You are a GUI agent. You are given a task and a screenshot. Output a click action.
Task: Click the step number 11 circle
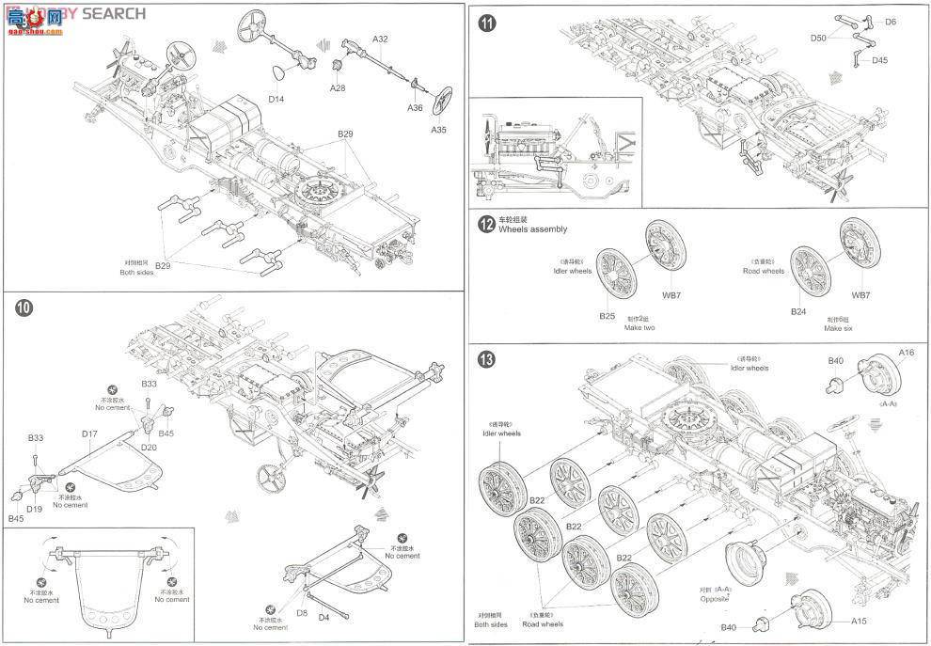[486, 24]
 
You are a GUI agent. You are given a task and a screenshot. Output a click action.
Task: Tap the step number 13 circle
[486, 358]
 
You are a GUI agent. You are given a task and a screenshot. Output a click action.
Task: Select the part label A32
[380, 39]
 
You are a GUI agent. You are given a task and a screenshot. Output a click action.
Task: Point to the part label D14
[276, 98]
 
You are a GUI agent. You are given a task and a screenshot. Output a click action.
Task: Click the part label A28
[338, 87]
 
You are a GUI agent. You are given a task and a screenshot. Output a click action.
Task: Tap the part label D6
[890, 21]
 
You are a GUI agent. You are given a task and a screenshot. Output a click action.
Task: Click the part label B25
[607, 316]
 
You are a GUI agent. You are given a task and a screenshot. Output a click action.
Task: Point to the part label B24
[798, 310]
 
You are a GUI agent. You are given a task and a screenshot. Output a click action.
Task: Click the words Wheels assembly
[532, 229]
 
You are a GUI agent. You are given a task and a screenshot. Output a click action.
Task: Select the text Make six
[839, 328]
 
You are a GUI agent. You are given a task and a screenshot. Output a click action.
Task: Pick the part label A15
[860, 621]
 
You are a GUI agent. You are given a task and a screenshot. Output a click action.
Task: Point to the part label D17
[90, 433]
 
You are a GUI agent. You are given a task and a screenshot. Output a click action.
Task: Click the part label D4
[323, 618]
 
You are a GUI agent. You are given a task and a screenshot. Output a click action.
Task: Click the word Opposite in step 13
[714, 599]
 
